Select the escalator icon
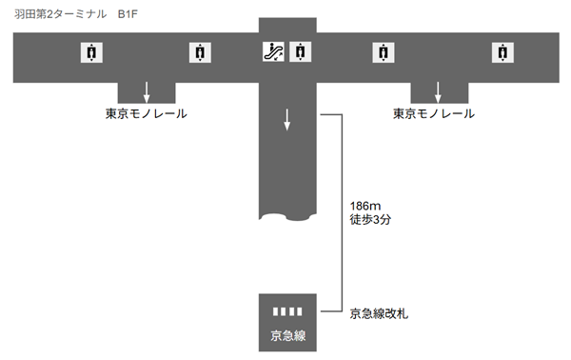pyautogui.click(x=273, y=52)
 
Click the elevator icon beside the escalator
pyautogui.click(x=299, y=52)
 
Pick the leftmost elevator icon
pyautogui.click(x=90, y=53)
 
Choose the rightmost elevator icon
pyautogui.click(x=501, y=53)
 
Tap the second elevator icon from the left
pyautogui.click(x=199, y=53)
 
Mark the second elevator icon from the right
pyautogui.click(x=383, y=53)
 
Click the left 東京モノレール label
pyautogui.click(x=146, y=115)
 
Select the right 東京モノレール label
pyautogui.click(x=434, y=115)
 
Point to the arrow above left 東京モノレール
pyautogui.click(x=147, y=91)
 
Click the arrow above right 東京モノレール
pyautogui.click(x=438, y=91)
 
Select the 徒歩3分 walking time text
pyautogui.click(x=371, y=221)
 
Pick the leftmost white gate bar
pyautogui.click(x=274, y=311)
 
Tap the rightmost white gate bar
pyautogui.click(x=299, y=311)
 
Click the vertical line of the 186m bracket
pyautogui.click(x=342, y=213)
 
